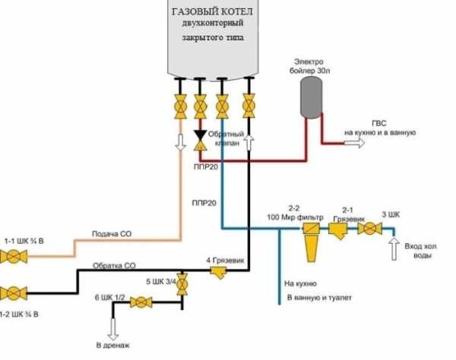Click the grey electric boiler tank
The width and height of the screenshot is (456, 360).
(311, 98)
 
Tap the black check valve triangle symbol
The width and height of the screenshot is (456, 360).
(201, 135)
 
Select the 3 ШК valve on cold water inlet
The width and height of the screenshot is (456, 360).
(369, 229)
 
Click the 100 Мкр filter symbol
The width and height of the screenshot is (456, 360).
(311, 242)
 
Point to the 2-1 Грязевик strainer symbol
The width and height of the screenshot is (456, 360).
(338, 231)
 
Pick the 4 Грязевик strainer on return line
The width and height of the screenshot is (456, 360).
(219, 273)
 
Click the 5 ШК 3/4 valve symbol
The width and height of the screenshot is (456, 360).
(182, 284)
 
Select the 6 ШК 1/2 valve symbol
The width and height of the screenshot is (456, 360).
(141, 302)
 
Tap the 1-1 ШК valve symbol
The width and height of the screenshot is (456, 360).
(14, 257)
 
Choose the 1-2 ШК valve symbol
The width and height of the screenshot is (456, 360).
(14, 293)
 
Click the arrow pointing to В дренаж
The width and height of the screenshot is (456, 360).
(112, 329)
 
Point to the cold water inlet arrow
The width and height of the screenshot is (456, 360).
(394, 248)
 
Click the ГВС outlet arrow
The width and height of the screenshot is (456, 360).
(354, 143)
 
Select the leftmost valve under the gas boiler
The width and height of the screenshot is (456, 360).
(180, 106)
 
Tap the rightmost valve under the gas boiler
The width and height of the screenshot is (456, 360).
(249, 106)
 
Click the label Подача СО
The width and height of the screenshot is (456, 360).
(112, 234)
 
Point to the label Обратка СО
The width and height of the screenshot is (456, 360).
(114, 266)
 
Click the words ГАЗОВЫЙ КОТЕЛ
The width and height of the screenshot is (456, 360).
(213, 11)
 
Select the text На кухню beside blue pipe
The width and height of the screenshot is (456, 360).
(300, 283)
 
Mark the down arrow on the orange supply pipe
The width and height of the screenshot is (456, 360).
(181, 142)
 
